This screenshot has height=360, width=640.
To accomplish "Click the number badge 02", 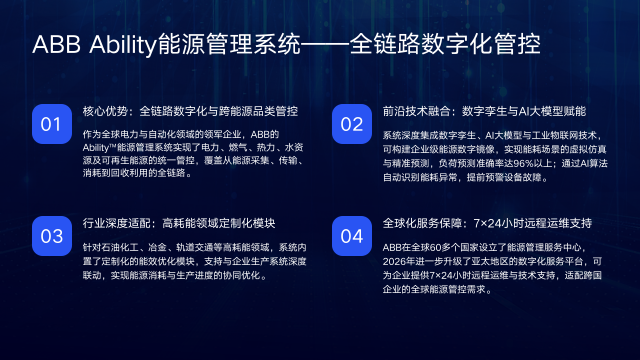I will [x=351, y=124].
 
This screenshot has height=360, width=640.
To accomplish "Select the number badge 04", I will [x=351, y=236].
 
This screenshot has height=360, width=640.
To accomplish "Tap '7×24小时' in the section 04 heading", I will [x=501, y=221].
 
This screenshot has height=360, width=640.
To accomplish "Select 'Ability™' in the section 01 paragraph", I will [x=100, y=147].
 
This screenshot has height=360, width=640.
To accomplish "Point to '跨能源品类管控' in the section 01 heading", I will [x=259, y=109].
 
